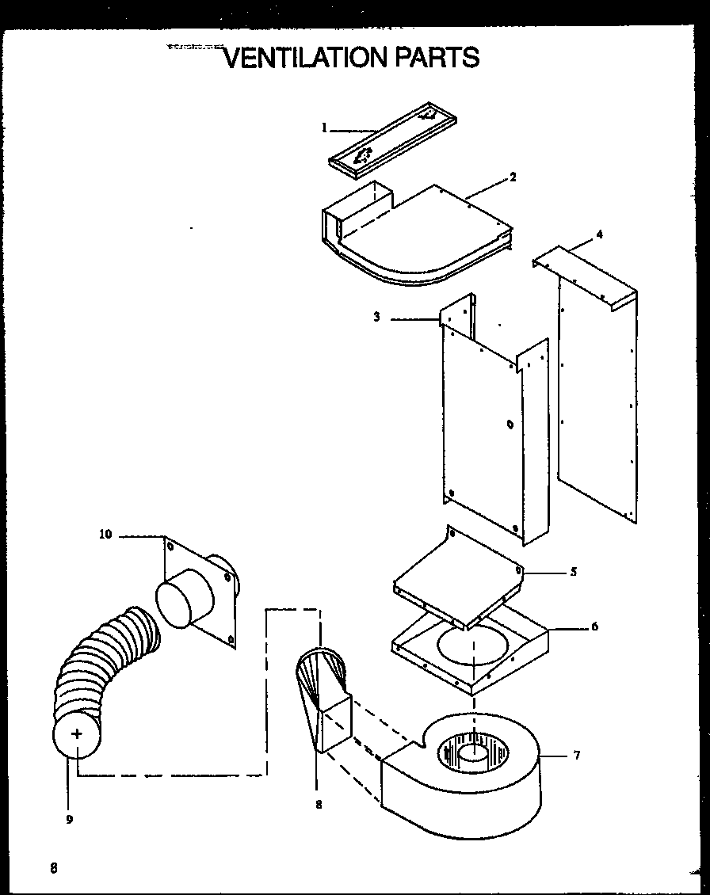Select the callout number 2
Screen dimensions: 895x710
[513, 177]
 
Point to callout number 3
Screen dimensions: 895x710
[377, 318]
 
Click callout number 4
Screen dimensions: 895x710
[599, 234]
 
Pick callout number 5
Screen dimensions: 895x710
[573, 571]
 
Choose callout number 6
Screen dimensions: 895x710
[594, 627]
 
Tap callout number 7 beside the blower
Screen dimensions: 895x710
[577, 756]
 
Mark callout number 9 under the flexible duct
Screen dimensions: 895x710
[70, 820]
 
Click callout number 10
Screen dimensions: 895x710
[105, 535]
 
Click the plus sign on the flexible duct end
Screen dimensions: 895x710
[77, 734]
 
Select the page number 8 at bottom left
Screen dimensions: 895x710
[54, 867]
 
